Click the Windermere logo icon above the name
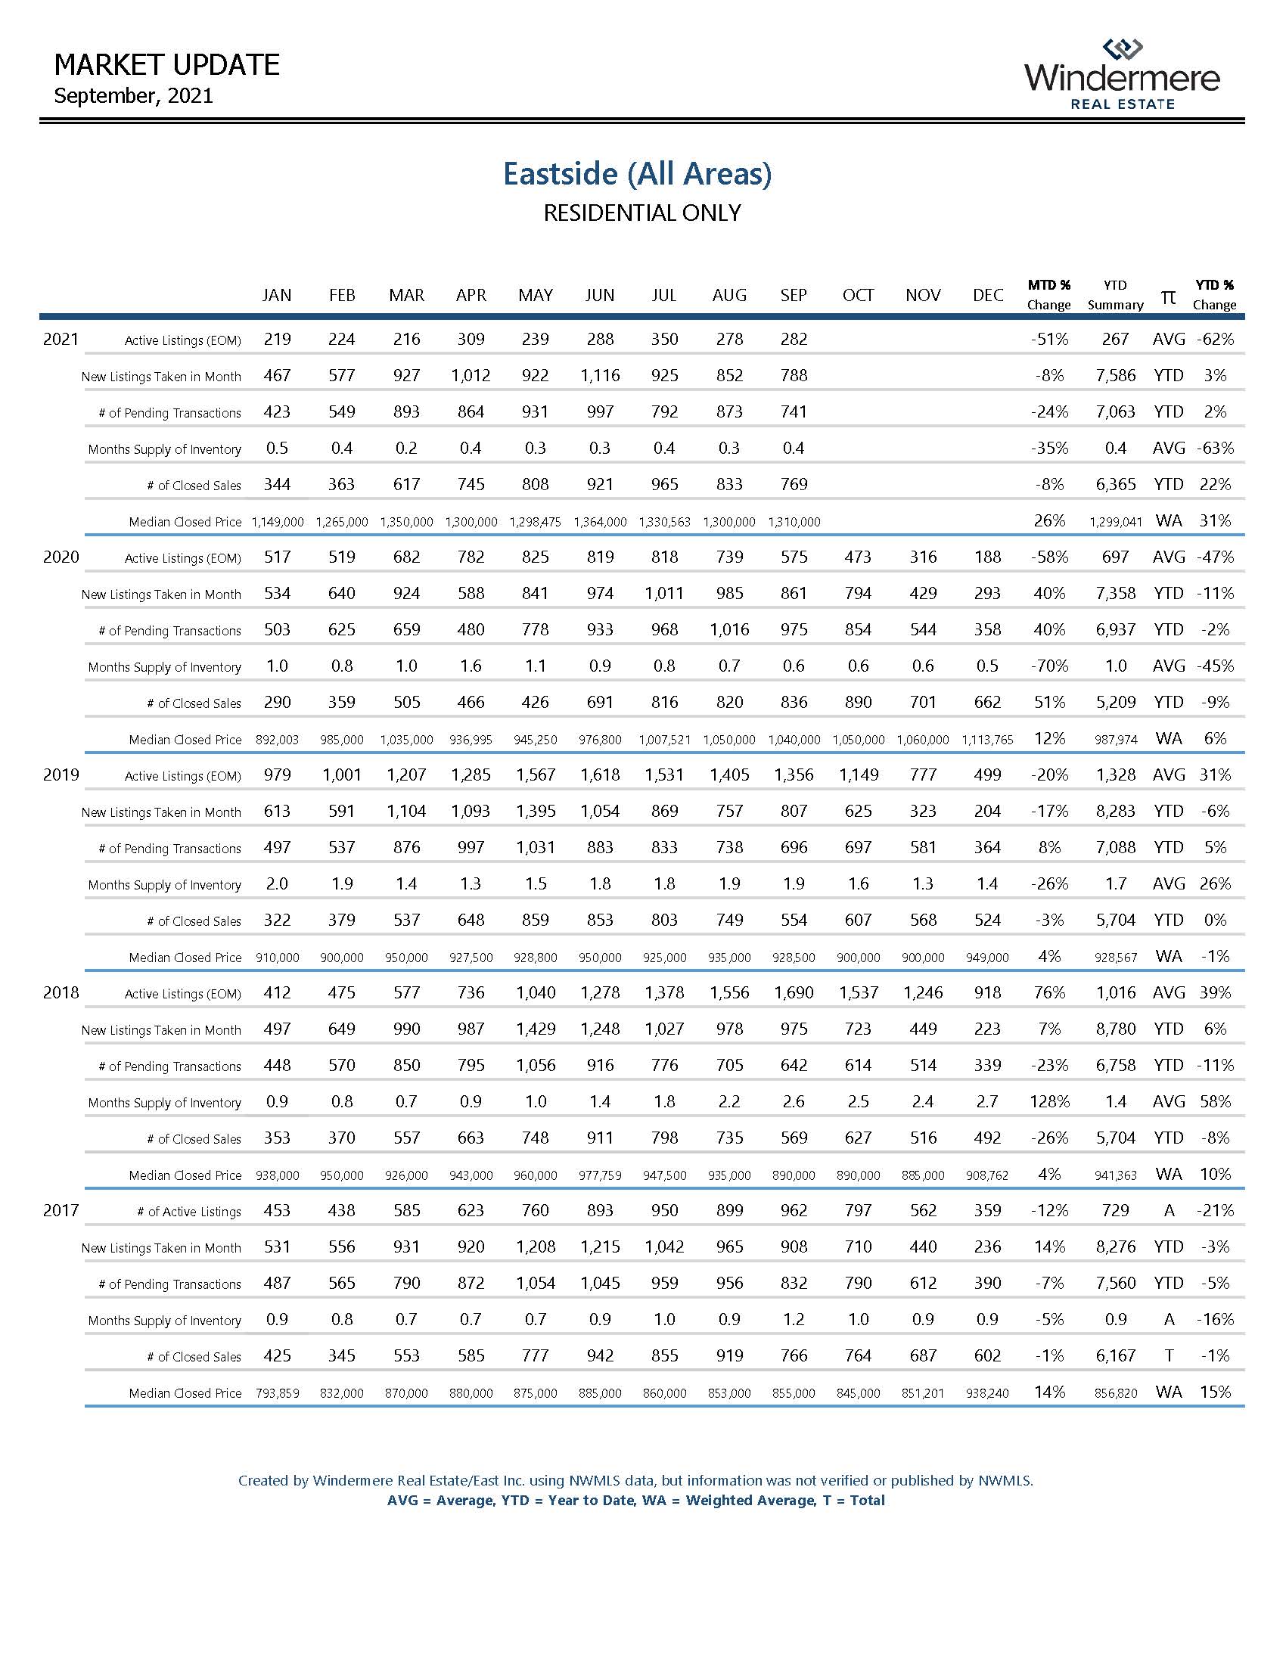[1123, 49]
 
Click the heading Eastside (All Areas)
[637, 174]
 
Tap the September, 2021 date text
[133, 96]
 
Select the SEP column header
[793, 295]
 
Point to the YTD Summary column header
[1114, 295]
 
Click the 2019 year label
[61, 775]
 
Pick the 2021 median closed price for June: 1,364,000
[600, 522]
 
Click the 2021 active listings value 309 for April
[471, 339]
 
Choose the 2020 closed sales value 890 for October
[858, 703]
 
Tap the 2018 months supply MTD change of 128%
[1049, 1102]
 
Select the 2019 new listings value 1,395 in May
[536, 812]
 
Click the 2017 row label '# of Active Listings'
[189, 1212]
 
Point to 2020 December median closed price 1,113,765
[987, 740]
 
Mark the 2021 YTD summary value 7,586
[1115, 376]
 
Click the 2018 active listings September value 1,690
[793, 993]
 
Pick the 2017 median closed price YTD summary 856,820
[1115, 1393]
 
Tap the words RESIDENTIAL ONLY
[641, 213]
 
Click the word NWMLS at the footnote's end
[1005, 1480]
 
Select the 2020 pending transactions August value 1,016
[729, 630]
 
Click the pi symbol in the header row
[1168, 296]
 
